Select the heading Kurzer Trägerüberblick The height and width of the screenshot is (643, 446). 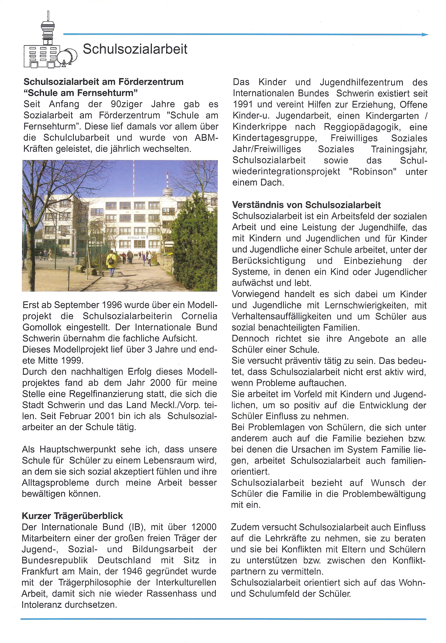pos(72,516)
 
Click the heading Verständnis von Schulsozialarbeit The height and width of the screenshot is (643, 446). pos(306,205)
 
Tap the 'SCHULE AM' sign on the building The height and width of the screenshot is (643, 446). pos(136,238)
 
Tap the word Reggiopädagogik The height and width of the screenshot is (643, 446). pos(362,127)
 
